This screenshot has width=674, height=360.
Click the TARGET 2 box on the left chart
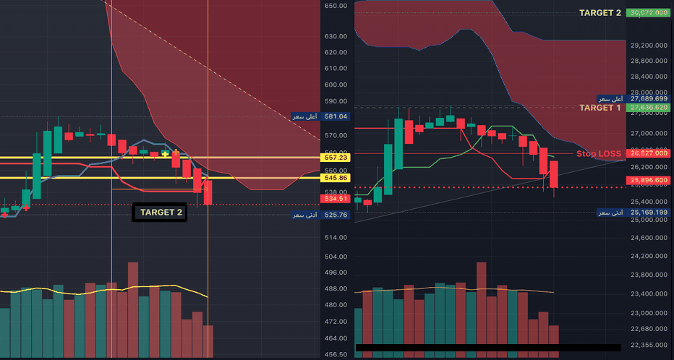[160, 213]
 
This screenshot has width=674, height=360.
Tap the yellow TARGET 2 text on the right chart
[600, 13]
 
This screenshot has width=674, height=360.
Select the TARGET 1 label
[600, 108]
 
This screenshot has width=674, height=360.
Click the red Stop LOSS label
[599, 154]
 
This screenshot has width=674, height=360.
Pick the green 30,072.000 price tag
[649, 13]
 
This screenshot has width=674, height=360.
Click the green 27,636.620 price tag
[649, 108]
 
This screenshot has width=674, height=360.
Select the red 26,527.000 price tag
[649, 153]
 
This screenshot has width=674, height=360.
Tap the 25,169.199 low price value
[649, 213]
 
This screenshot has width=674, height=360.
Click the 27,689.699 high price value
[649, 98]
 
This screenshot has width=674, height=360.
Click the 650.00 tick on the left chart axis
[336, 6]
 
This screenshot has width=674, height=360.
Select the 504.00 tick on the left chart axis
[336, 257]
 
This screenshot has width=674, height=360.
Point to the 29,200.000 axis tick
[648, 45]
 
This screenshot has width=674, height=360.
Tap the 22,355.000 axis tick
[648, 346]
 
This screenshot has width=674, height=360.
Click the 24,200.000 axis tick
[648, 257]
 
